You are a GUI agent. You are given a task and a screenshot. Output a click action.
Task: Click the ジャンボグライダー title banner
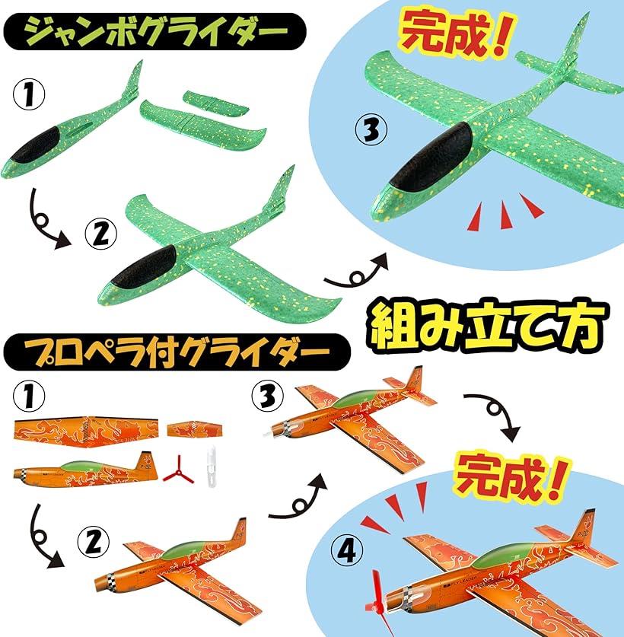tap(154, 32)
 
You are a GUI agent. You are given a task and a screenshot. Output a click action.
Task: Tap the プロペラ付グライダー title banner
tap(177, 352)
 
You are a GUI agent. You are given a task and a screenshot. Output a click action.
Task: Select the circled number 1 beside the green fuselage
tap(28, 94)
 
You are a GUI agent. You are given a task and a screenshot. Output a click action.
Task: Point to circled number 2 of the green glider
tap(100, 234)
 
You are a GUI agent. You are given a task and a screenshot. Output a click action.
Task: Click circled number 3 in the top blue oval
tap(371, 129)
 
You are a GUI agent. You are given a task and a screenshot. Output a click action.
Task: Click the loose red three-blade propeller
tap(178, 470)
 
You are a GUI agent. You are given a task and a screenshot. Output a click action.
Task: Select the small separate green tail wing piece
tap(215, 103)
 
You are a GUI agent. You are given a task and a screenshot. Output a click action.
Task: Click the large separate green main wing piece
tap(203, 126)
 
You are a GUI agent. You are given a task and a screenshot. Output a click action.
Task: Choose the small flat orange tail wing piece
tap(195, 428)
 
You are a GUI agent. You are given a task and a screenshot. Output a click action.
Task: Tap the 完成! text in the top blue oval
tap(454, 33)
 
